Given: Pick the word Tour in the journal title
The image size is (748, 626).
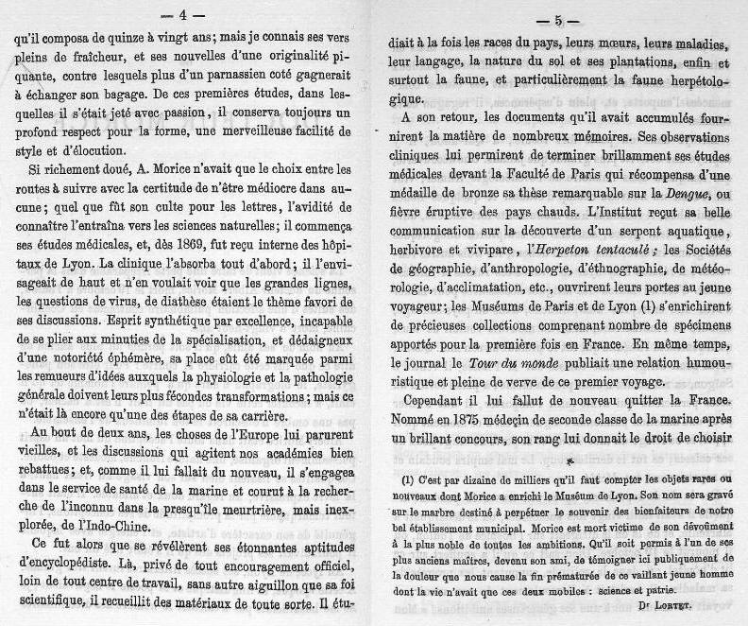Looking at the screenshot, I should pyautogui.click(x=492, y=362).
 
